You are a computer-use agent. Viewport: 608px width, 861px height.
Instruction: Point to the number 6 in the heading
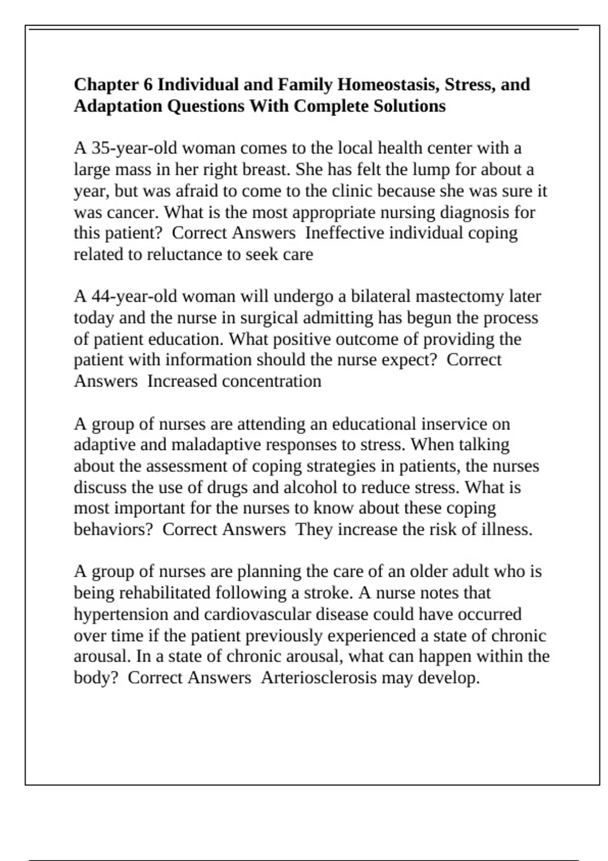coord(147,85)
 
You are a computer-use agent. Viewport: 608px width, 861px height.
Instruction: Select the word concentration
coord(271,381)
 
